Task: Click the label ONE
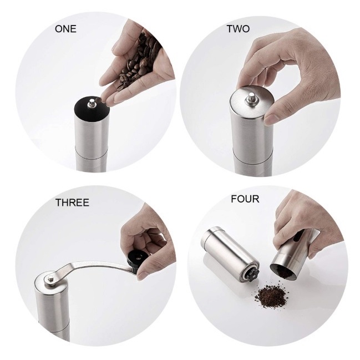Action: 65,29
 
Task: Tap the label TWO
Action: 238,29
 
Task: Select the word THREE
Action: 72,202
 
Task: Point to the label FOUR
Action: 245,199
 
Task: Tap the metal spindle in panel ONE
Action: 92,103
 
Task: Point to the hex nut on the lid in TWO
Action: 252,100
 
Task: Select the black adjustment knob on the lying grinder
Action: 253,274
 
